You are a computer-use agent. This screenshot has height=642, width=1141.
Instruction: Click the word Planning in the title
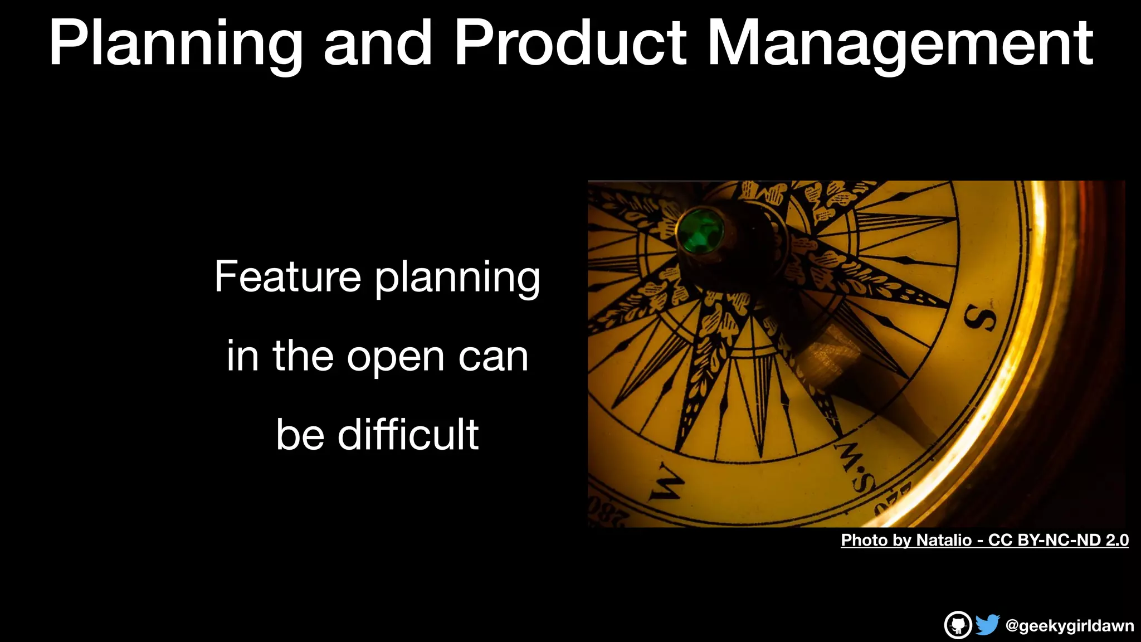175,43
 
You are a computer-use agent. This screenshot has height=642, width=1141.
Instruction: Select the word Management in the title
899,43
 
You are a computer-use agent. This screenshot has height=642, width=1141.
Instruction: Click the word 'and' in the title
377,43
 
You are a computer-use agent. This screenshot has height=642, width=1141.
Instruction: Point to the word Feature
287,276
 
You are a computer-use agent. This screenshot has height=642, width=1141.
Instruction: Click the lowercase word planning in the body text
457,279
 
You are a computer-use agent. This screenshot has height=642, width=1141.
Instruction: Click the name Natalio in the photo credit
943,540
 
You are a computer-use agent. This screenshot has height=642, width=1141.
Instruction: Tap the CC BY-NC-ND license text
1058,540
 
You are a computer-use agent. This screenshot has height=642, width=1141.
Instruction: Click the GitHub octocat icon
958,625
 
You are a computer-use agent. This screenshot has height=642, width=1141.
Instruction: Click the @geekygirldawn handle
1069,626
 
